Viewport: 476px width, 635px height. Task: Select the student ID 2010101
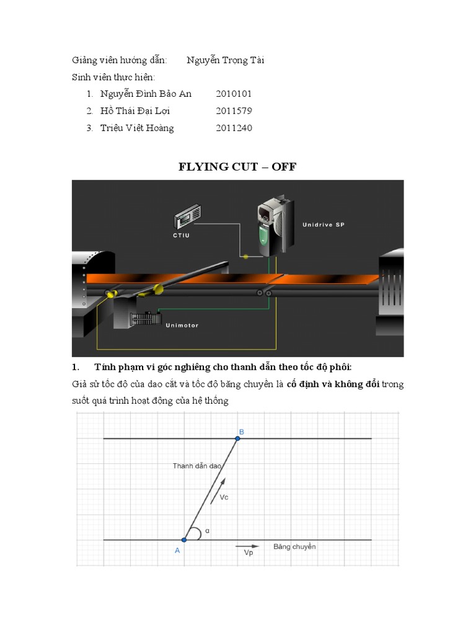pyautogui.click(x=234, y=94)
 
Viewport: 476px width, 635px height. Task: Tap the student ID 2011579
pyautogui.click(x=234, y=111)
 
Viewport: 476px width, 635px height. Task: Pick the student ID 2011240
pyautogui.click(x=234, y=128)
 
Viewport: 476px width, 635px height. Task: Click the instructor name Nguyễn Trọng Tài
pyautogui.click(x=226, y=60)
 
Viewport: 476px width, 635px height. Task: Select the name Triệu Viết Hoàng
pyautogui.click(x=137, y=128)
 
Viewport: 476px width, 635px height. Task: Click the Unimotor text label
pyautogui.click(x=182, y=325)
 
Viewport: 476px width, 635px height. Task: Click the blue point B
pyautogui.click(x=238, y=438)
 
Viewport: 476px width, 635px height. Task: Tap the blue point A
pyautogui.click(x=184, y=540)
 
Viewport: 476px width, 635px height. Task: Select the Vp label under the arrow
pyautogui.click(x=248, y=553)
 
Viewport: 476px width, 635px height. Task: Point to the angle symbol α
pyautogui.click(x=207, y=531)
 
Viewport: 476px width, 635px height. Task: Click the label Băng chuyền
pyautogui.click(x=294, y=546)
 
